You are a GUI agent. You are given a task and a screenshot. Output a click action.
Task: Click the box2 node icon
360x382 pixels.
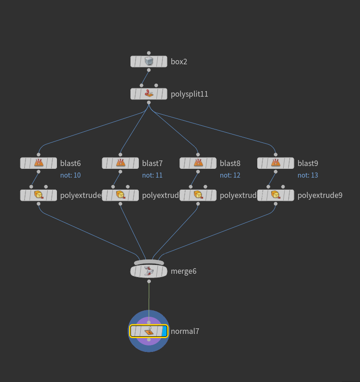point(149,62)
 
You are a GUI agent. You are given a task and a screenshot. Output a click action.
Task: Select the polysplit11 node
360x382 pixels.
point(149,94)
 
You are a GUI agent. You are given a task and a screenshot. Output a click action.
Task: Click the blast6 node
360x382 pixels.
point(38,163)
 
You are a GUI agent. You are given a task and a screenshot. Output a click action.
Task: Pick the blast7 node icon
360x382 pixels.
point(120,163)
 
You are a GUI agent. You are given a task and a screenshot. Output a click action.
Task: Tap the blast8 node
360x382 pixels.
point(198,163)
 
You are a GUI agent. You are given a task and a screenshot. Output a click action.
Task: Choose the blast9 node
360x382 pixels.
point(276,163)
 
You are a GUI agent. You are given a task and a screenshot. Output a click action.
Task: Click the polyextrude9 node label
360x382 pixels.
point(320,195)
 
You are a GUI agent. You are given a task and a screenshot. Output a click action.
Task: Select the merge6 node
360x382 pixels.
point(149,271)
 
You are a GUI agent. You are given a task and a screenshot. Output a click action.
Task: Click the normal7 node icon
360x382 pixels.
point(149,331)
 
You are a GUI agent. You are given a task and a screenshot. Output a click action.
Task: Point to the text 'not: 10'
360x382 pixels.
point(70,175)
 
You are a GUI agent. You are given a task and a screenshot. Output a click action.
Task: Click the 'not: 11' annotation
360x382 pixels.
point(152,175)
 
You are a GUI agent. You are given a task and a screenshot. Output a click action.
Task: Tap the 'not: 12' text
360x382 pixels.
point(230,175)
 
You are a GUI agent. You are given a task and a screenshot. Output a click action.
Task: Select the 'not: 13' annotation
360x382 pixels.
point(308,175)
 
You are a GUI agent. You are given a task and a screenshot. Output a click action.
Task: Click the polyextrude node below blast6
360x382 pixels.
point(38,195)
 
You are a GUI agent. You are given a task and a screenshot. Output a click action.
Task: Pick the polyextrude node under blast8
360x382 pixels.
point(198,195)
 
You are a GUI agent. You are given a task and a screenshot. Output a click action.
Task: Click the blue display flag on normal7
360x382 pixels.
point(164,331)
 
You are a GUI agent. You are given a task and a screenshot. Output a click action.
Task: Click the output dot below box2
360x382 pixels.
point(149,70)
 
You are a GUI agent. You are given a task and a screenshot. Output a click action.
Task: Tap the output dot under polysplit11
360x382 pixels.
point(149,103)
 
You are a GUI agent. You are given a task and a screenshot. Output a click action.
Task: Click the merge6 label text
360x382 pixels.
point(184,271)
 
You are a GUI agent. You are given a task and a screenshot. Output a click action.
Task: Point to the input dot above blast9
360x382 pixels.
point(276,155)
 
